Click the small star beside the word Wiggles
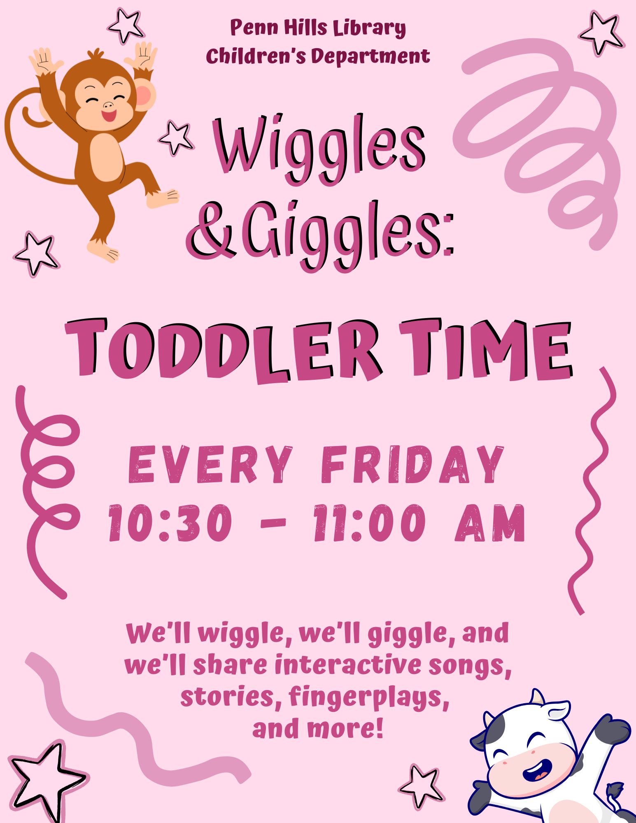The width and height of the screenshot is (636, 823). pos(176,138)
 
